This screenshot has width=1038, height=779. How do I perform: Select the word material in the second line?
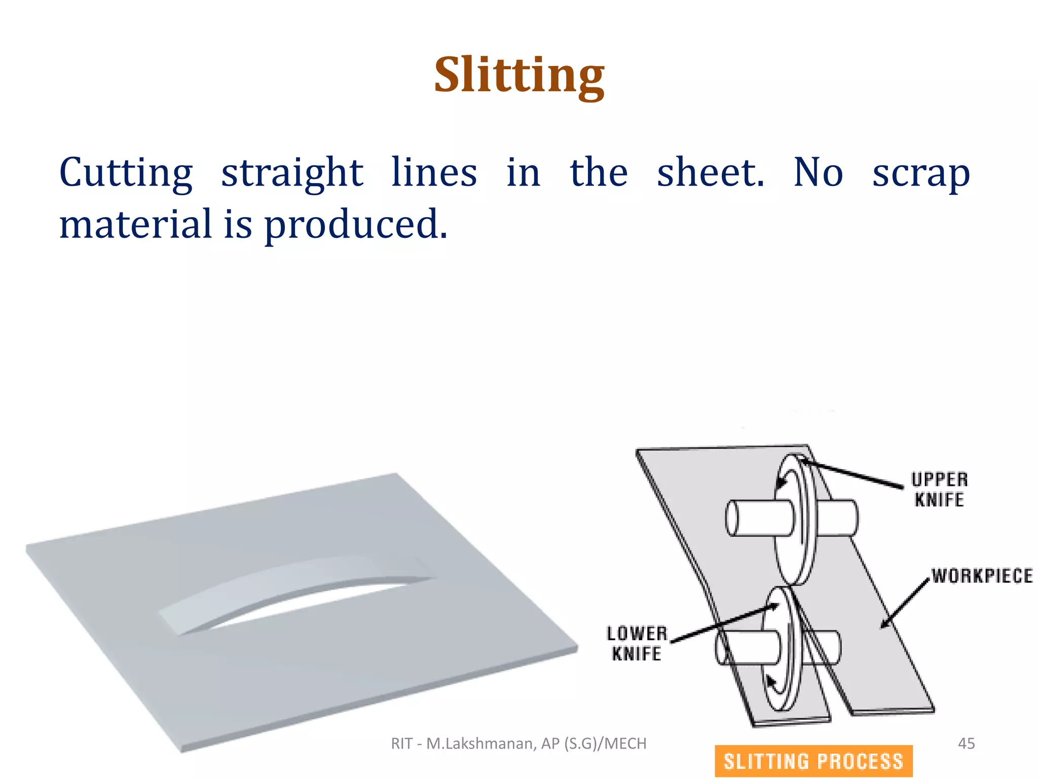(135, 224)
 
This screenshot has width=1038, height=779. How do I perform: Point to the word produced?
(356, 224)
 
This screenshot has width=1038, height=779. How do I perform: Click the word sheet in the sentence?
(710, 172)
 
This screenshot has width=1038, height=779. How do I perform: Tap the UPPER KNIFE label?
(939, 489)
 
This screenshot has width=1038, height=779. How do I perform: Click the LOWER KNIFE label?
(637, 644)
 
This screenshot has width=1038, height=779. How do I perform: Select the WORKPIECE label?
(982, 576)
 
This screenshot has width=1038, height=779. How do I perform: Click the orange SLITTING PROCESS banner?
(813, 761)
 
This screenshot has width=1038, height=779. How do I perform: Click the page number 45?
(966, 743)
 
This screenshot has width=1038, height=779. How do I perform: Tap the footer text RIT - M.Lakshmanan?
(518, 743)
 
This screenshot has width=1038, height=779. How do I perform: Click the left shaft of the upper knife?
(758, 518)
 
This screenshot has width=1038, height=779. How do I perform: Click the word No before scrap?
(818, 172)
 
